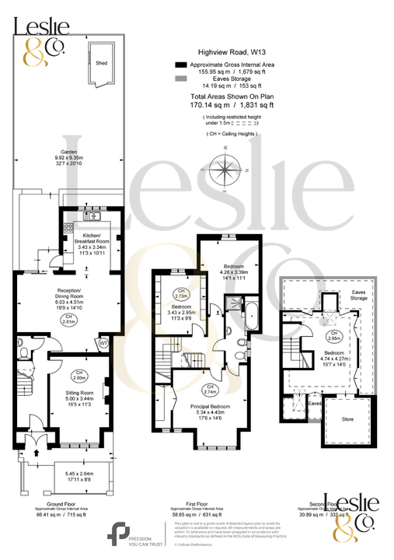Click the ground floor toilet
[x=24, y=354]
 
